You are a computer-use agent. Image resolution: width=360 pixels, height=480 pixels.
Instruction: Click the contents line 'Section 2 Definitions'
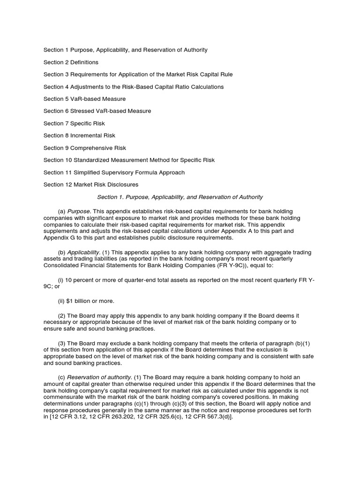[x=71, y=62]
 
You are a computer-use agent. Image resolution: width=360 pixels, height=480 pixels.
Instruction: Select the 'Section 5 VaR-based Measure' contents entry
[x=84, y=99]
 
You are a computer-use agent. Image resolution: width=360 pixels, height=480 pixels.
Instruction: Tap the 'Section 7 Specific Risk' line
[x=74, y=123]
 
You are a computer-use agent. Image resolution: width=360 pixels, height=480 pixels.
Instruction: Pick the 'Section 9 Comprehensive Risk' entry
[x=85, y=148]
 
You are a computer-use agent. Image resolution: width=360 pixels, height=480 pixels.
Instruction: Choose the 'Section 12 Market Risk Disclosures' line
[x=91, y=184]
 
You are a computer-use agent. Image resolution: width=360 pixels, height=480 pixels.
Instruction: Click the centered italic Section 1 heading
[x=180, y=197]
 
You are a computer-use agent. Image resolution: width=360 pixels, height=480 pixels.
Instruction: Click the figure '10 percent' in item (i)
[x=79, y=280]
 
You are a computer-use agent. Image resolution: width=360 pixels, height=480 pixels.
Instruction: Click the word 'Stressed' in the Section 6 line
[x=82, y=111]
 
